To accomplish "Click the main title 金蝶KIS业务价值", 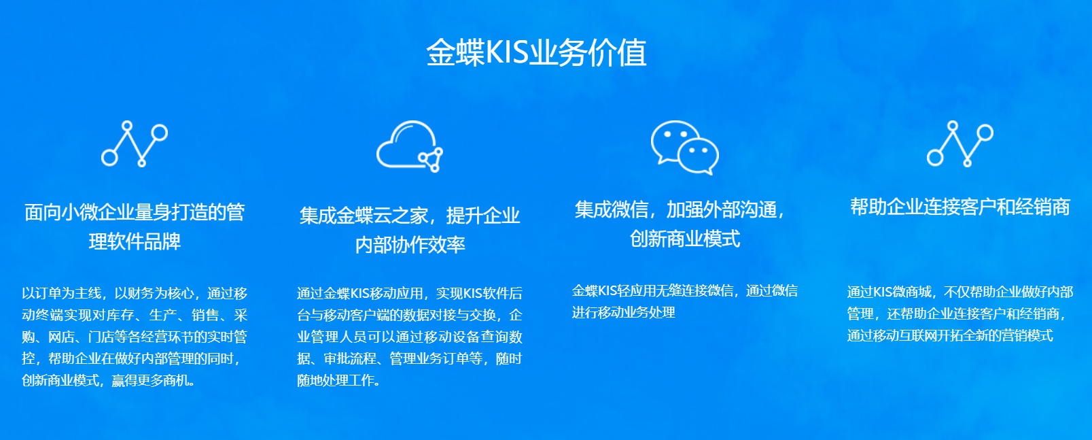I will tap(536, 53).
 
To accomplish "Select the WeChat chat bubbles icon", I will tap(684, 147).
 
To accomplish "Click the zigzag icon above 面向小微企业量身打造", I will tap(135, 143).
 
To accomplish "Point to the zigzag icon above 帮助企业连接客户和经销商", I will tap(959, 143).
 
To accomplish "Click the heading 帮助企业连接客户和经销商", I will tap(959, 207).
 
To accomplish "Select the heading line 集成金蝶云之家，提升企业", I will tap(409, 216).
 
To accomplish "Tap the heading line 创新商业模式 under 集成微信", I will tap(684, 239).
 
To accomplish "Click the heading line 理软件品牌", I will tap(135, 241).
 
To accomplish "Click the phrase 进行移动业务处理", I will tap(623, 312).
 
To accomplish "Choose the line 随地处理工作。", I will tap(338, 380).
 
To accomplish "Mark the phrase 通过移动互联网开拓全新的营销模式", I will tap(949, 335).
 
